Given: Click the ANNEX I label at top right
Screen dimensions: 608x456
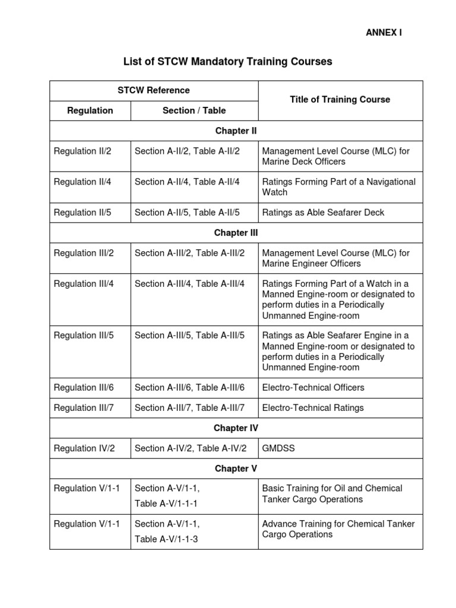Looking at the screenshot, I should pyautogui.click(x=384, y=33).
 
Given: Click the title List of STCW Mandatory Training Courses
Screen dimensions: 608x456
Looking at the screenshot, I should pyautogui.click(x=227, y=61).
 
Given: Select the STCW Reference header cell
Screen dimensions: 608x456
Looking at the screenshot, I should pyautogui.click(x=154, y=90).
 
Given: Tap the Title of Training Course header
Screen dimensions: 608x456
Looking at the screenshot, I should pyautogui.click(x=340, y=100).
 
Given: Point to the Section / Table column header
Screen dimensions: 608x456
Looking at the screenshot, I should pyautogui.click(x=194, y=110).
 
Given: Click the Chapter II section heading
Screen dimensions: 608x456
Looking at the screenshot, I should pyautogui.click(x=236, y=131).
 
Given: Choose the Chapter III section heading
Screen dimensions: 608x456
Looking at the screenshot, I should pyautogui.click(x=236, y=233).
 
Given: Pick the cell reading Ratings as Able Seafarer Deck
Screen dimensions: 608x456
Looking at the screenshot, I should pyautogui.click(x=323, y=213).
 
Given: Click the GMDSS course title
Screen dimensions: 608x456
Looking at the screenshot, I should pyautogui.click(x=278, y=448).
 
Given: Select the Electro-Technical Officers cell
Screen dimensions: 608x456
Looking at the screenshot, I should pyautogui.click(x=313, y=388).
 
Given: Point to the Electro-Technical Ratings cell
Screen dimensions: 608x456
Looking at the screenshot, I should pyautogui.click(x=312, y=408).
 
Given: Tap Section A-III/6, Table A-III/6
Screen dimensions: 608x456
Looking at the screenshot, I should pyautogui.click(x=189, y=388).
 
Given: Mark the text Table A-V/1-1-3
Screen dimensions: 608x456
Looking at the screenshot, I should pyautogui.click(x=166, y=539).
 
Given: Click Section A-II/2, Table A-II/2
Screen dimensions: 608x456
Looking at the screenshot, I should pyautogui.click(x=187, y=151).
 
